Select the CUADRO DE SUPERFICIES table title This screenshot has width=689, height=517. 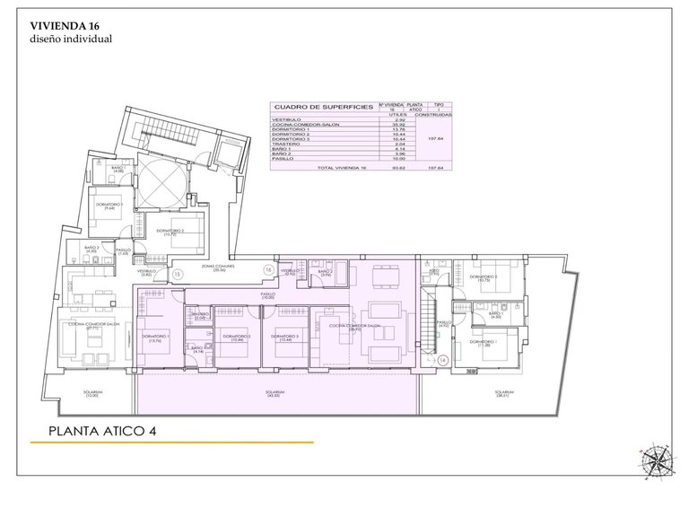[x=324, y=106]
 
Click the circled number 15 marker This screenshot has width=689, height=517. [x=178, y=273]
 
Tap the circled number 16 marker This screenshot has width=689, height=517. [x=267, y=269]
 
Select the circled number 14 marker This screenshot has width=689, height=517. [x=442, y=360]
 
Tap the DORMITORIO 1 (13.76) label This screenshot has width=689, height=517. [x=156, y=338]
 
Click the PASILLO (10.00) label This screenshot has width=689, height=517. [x=268, y=295]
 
